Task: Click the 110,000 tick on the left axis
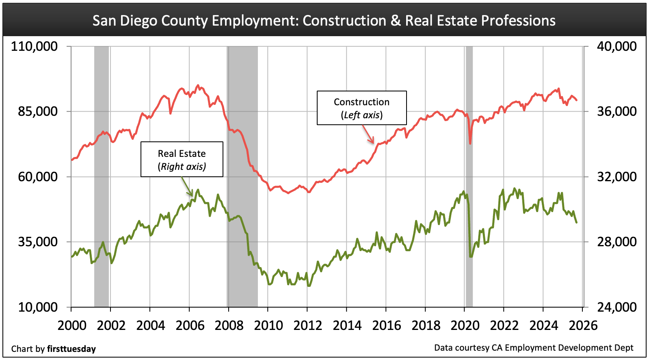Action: point(35,46)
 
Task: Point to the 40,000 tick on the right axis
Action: point(616,46)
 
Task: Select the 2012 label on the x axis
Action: point(307,325)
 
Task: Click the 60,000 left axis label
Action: point(38,177)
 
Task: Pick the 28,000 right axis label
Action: point(616,242)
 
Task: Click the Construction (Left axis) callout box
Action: point(361,108)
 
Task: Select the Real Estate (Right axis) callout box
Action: point(182,159)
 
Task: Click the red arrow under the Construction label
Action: point(368,134)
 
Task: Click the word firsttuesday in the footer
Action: point(71,349)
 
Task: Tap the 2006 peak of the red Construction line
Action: point(198,86)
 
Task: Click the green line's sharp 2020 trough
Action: point(471,256)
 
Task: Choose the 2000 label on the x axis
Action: point(72,325)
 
